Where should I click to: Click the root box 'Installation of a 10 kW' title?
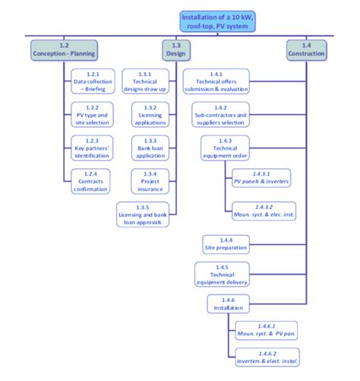point(215,21)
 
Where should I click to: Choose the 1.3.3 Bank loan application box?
point(149,146)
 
